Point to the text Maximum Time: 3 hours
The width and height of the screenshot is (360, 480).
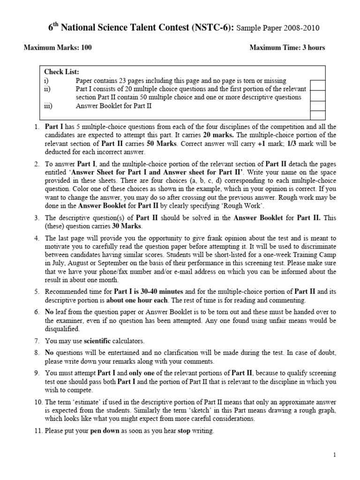point(287,47)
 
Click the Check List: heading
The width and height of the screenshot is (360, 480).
point(62,72)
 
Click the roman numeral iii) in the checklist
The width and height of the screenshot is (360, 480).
point(48,106)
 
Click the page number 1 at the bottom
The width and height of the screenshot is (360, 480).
point(335,455)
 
